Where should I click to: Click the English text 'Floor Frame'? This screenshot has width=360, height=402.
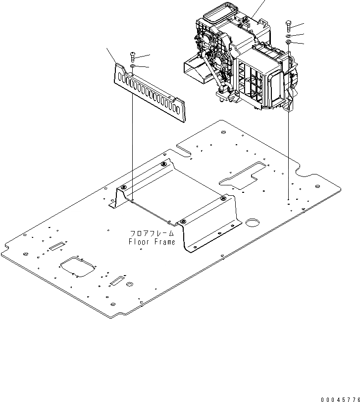(x=152, y=242)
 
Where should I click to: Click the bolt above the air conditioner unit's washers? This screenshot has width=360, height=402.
(x=288, y=25)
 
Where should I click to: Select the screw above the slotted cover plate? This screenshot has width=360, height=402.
(x=132, y=56)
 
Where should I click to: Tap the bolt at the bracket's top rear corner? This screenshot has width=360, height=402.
(x=163, y=165)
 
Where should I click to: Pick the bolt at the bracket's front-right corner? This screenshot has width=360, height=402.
(x=183, y=221)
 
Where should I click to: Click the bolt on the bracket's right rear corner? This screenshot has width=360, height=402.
(x=223, y=198)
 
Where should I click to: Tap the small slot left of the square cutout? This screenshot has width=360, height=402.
(x=58, y=245)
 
